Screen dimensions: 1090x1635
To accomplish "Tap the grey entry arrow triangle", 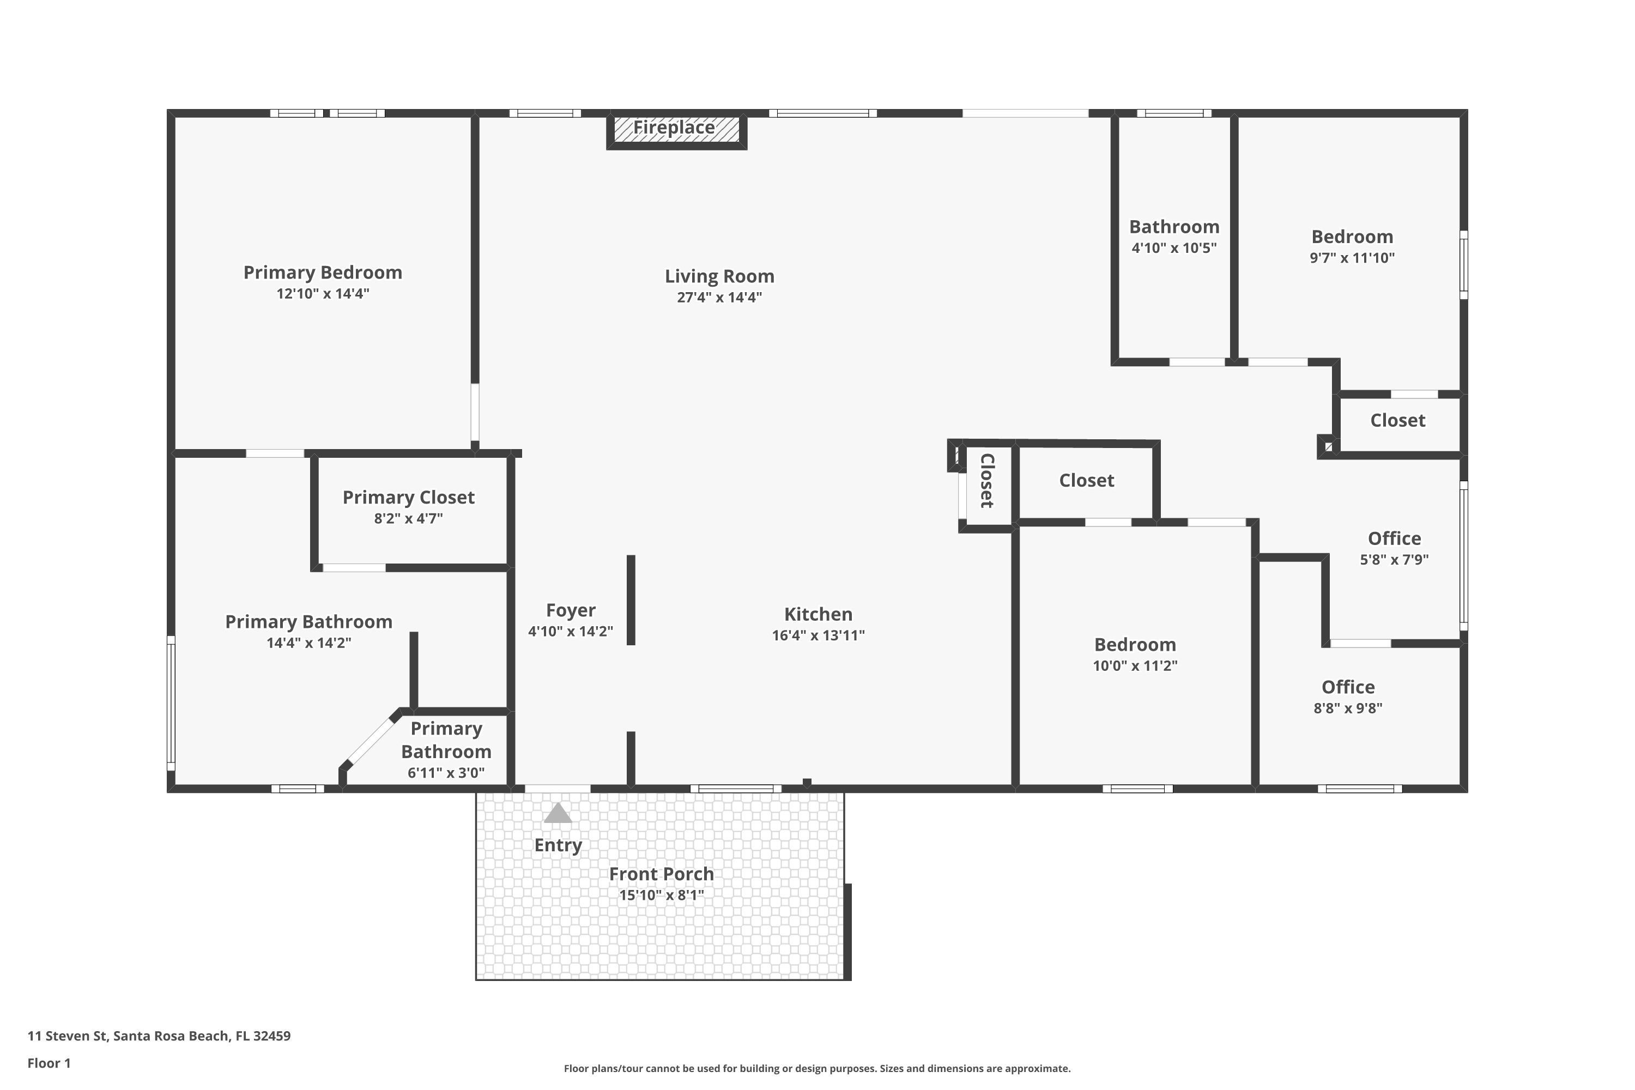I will [x=558, y=813].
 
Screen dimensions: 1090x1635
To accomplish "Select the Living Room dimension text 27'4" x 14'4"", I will [x=719, y=298].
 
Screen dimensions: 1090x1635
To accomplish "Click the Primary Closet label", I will [x=408, y=498].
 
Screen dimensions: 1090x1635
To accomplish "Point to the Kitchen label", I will [x=818, y=615].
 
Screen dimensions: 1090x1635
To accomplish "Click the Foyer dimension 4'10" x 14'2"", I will [x=570, y=631].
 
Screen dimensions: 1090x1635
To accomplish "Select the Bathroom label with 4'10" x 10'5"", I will [x=1173, y=227].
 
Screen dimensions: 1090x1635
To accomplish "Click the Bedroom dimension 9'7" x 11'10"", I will [x=1352, y=258].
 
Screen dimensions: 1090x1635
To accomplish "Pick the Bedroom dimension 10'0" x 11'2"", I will [x=1135, y=665].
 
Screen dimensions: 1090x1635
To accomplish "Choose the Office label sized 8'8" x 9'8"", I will [x=1347, y=687].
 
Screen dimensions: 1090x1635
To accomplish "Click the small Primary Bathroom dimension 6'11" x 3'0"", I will [x=446, y=772].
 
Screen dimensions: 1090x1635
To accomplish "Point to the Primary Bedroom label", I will [x=323, y=272].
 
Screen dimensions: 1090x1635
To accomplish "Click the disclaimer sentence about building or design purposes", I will [x=817, y=1068].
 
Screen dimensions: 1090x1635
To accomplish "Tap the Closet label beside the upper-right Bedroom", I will [x=1397, y=421].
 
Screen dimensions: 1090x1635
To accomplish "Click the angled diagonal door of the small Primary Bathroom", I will [x=371, y=742].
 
